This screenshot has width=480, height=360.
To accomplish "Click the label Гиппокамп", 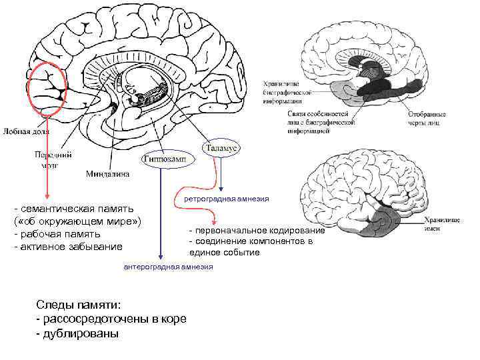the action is (x=163, y=159).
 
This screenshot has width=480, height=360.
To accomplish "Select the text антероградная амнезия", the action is (x=169, y=267).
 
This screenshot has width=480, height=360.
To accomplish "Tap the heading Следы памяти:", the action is (x=79, y=305).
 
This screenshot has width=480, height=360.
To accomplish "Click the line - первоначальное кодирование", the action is (x=257, y=230).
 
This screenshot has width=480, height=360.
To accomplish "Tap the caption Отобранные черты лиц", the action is (x=427, y=119).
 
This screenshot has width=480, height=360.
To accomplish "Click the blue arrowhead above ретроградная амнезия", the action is (x=221, y=190).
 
